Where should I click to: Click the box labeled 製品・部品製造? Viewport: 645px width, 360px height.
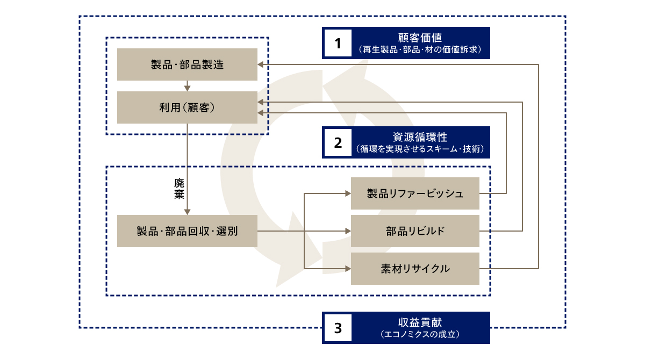pyautogui.click(x=187, y=64)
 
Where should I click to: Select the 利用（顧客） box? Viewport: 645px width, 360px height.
pyautogui.click(x=187, y=107)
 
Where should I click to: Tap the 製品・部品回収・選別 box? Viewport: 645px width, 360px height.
pyautogui.click(x=187, y=231)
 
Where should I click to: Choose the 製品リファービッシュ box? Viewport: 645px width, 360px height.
pyautogui.click(x=414, y=193)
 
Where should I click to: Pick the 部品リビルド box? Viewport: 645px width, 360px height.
pyautogui.click(x=414, y=231)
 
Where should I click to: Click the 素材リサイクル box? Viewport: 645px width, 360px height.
pyautogui.click(x=414, y=268)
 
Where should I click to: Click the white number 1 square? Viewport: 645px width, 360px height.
pyautogui.click(x=338, y=43)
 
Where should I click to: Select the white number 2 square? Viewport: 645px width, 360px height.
pyautogui.click(x=338, y=142)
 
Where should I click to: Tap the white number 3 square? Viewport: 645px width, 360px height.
pyautogui.click(x=338, y=328)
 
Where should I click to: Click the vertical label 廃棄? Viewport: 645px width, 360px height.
pyautogui.click(x=179, y=189)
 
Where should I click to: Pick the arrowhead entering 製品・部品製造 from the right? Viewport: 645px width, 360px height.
pyautogui.click(x=261, y=64)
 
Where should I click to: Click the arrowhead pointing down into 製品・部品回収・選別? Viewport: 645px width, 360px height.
pyautogui.click(x=187, y=212)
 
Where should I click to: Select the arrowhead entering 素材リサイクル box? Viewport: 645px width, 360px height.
pyautogui.click(x=347, y=268)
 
